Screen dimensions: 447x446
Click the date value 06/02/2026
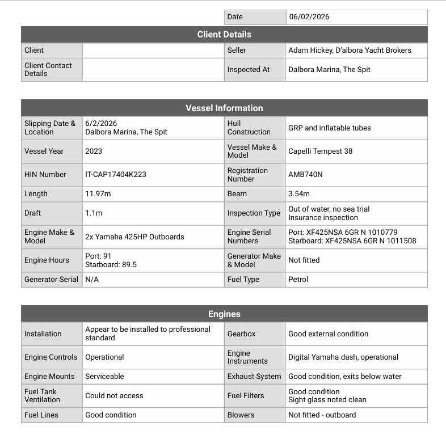(x=309, y=17)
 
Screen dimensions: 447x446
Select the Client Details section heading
(x=224, y=35)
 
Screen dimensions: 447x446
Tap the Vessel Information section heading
(x=224, y=108)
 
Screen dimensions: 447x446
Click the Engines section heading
(x=224, y=314)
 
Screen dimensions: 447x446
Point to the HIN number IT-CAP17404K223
(x=116, y=175)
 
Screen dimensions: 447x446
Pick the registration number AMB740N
(x=305, y=175)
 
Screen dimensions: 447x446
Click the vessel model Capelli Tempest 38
(x=320, y=151)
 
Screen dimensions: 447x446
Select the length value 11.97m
(x=98, y=194)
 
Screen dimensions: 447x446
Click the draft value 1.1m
(x=94, y=213)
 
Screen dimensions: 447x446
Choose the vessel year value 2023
(x=94, y=151)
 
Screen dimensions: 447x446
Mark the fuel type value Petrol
(x=298, y=280)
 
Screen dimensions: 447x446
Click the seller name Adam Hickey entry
(x=350, y=50)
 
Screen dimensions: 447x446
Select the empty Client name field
(x=153, y=50)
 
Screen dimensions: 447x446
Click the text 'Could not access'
(x=114, y=396)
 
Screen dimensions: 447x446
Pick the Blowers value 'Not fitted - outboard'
(x=322, y=415)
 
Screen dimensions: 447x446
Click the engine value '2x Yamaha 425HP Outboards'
(x=134, y=237)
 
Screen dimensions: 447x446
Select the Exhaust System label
(x=254, y=377)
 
